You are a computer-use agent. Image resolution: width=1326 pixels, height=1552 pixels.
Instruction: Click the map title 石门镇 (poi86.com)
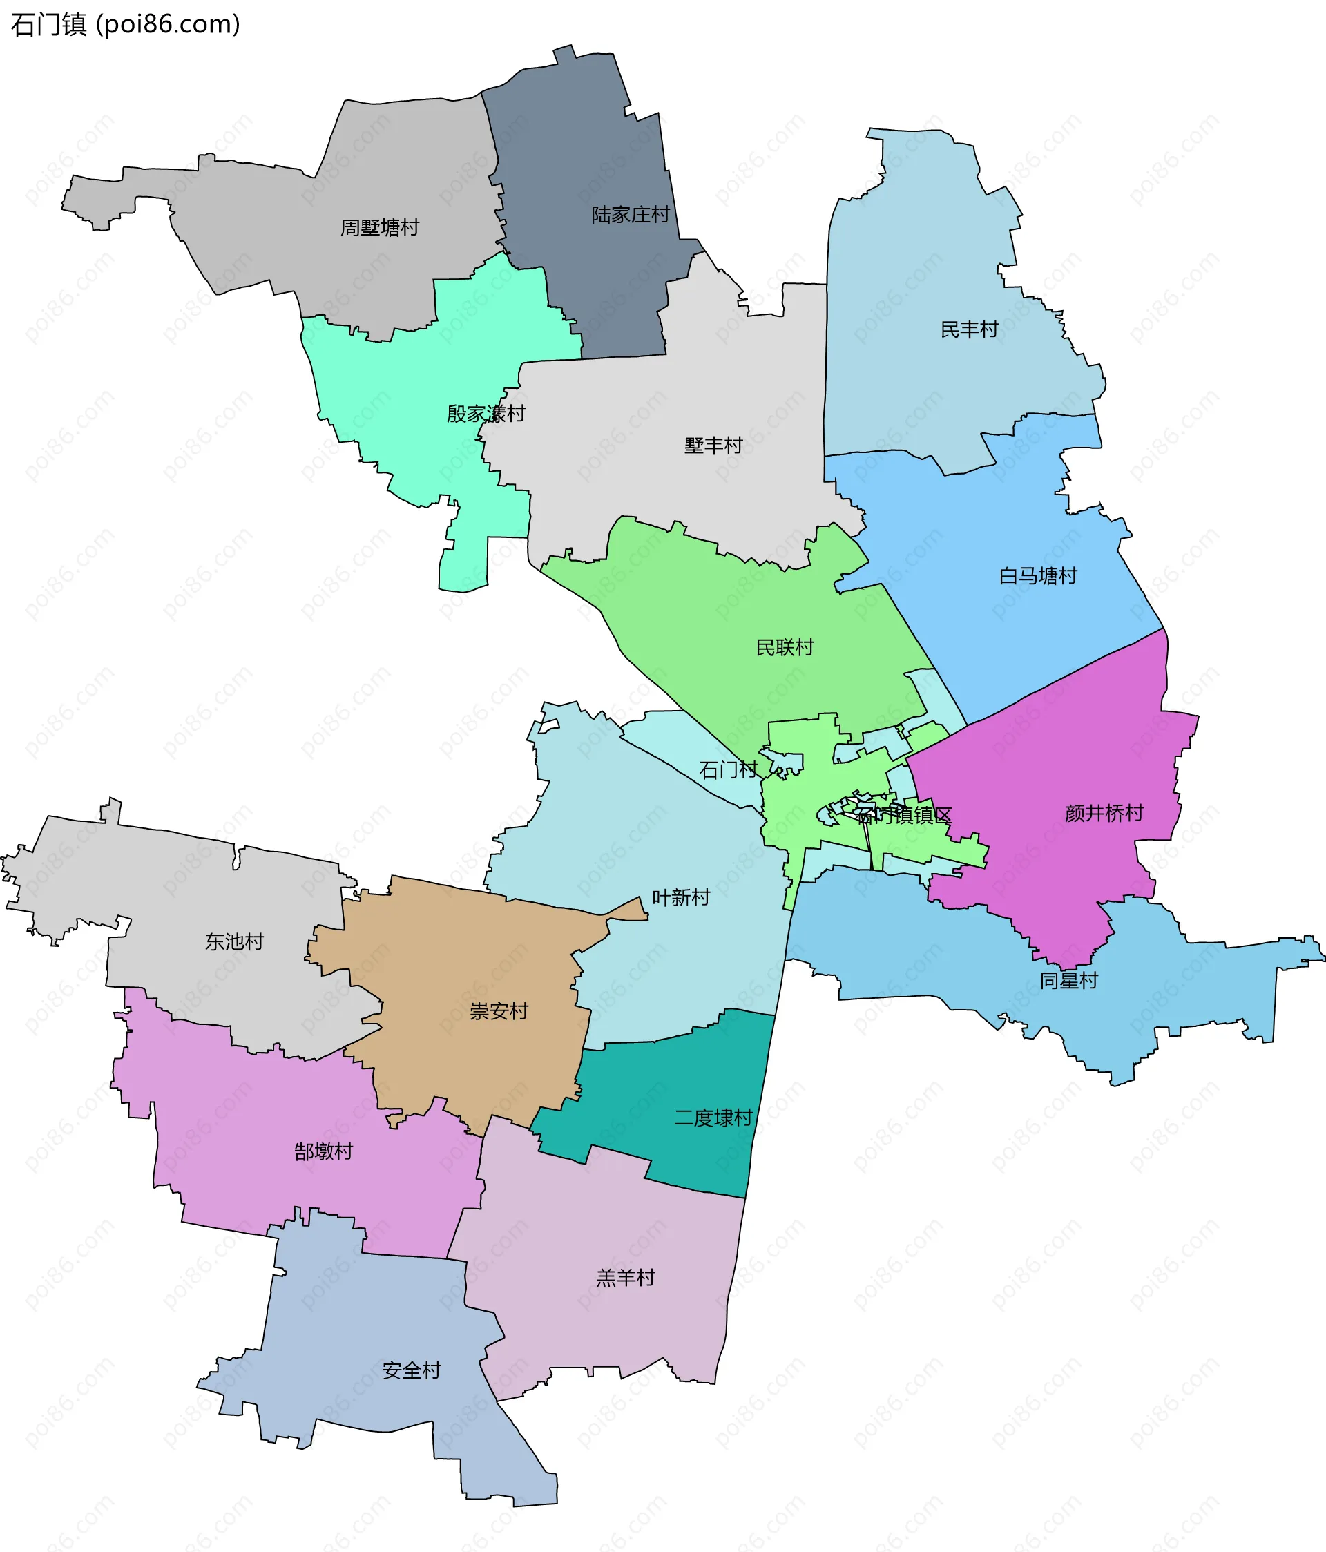click(x=125, y=25)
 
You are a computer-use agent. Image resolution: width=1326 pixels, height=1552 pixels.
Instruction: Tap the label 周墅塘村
click(x=380, y=228)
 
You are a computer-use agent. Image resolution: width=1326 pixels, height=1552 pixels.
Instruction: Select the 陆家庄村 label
click(x=630, y=215)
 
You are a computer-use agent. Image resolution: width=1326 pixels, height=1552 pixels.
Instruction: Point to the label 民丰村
click(x=969, y=329)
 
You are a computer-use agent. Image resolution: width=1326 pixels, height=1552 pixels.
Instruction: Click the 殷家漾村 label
click(x=486, y=414)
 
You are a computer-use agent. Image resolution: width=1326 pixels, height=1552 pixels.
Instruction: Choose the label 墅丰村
click(x=713, y=446)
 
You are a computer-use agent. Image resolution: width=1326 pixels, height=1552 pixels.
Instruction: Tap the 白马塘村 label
click(x=1037, y=576)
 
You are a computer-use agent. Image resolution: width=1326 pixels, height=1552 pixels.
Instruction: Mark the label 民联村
click(x=785, y=647)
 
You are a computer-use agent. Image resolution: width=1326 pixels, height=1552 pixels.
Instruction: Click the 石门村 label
click(x=728, y=769)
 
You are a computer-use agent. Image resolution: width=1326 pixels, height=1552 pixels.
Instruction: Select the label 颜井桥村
click(x=1104, y=814)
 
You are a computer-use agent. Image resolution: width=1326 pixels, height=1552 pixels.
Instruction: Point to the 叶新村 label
click(x=680, y=897)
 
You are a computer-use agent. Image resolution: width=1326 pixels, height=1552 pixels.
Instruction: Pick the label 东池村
click(x=235, y=941)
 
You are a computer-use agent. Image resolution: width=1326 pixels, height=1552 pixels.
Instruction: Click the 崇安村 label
click(x=498, y=1011)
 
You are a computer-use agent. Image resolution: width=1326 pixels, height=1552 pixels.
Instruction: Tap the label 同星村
click(x=1068, y=981)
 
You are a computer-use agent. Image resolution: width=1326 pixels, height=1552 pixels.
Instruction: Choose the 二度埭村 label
click(x=713, y=1118)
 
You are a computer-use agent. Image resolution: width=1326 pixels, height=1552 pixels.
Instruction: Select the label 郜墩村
click(x=323, y=1151)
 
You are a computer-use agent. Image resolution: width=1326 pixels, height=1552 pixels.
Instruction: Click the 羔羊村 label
click(x=626, y=1278)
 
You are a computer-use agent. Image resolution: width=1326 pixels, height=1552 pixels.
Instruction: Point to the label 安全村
click(x=412, y=1371)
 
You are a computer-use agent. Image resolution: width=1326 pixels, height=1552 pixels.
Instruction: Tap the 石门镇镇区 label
click(x=904, y=815)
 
